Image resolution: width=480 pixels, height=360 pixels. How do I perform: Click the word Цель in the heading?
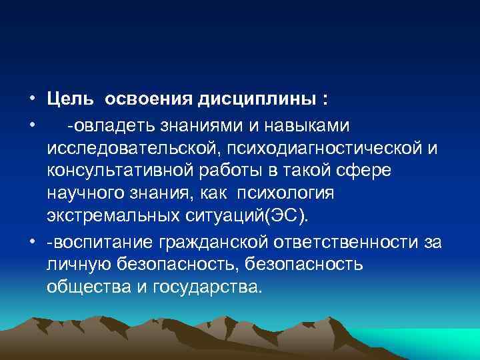[x=70, y=101]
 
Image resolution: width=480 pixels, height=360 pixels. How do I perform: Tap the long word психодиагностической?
[x=325, y=148]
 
